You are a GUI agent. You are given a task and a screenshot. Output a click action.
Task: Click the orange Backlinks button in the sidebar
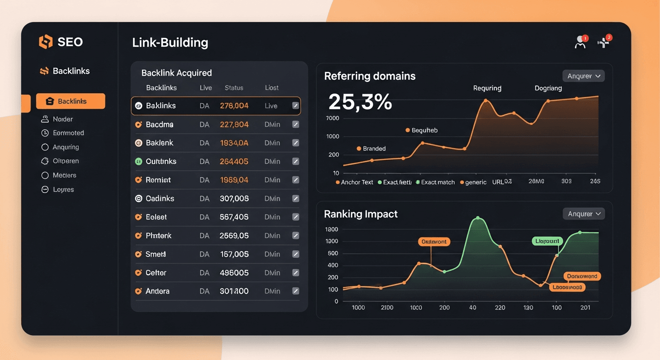[x=70, y=101]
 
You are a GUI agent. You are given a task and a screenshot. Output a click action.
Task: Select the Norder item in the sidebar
[x=62, y=119]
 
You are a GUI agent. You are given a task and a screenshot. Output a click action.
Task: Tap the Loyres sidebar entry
[x=63, y=189]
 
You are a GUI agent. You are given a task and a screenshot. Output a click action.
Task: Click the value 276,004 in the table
[x=234, y=106]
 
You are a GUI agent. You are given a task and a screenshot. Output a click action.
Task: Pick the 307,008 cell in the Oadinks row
[x=234, y=199]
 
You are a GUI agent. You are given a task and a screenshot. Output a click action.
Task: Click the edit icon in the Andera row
[x=295, y=291]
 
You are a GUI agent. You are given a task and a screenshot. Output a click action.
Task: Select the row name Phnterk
[x=158, y=236]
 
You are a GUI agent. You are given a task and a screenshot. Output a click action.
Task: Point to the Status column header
[x=234, y=88]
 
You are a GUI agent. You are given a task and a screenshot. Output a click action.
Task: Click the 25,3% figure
[x=360, y=102]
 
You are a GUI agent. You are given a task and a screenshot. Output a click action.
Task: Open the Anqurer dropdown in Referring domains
[x=583, y=76]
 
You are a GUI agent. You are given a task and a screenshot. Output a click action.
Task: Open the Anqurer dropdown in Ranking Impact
[x=584, y=214]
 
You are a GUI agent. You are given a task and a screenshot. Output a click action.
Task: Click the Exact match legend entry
[x=437, y=182]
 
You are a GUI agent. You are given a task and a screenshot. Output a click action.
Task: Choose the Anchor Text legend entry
[x=357, y=182]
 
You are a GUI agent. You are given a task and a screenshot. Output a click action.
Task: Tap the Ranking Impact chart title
[x=360, y=214]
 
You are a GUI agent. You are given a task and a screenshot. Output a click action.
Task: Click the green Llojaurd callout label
[x=547, y=241]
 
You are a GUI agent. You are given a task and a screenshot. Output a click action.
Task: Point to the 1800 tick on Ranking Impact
[x=331, y=229]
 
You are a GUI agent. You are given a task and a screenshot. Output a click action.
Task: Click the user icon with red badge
[x=580, y=43]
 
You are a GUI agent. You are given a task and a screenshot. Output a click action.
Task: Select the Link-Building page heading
[x=170, y=43]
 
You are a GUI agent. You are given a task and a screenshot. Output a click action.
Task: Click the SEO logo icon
[x=45, y=42]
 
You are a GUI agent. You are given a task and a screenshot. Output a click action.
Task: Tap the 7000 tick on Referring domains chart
[x=332, y=118]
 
